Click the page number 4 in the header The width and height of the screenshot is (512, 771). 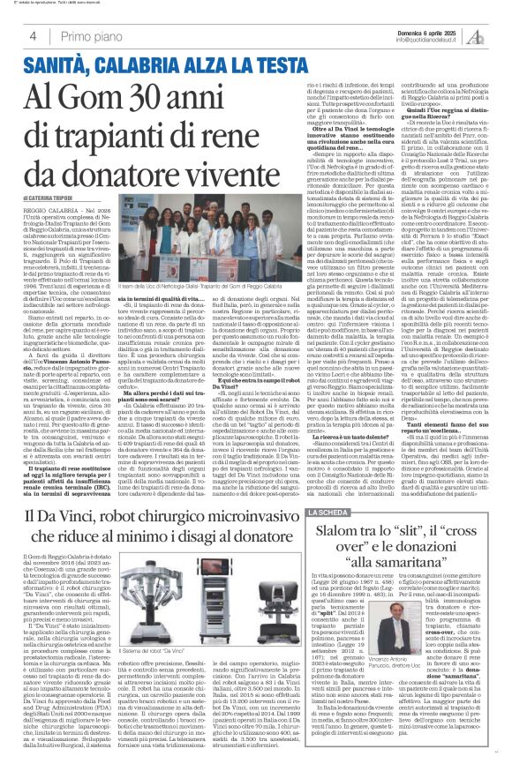pos(33,36)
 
